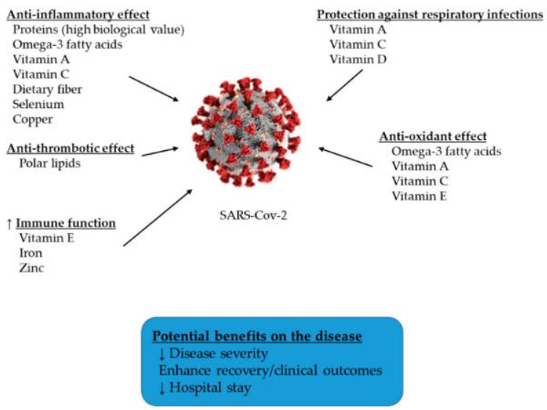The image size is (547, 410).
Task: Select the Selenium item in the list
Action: pos(37,104)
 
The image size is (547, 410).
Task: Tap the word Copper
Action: pos(34,119)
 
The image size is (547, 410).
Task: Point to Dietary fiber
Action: pos(47,89)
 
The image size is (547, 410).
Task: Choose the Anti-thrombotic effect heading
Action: pos(71,148)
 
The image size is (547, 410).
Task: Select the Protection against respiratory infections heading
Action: pos(430,15)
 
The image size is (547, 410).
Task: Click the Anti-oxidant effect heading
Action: pos(433,136)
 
